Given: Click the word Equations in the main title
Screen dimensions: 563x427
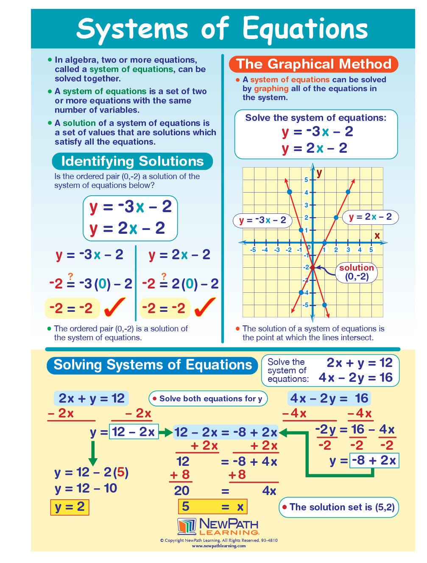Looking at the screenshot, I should tap(305, 29).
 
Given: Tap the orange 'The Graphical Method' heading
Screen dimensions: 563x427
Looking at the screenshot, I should tap(313, 64).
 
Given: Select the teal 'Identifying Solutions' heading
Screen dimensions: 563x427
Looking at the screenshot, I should tap(132, 161).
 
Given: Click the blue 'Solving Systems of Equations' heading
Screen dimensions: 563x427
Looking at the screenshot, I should tap(153, 365).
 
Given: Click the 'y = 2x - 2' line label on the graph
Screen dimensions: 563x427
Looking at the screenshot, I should tap(370, 217).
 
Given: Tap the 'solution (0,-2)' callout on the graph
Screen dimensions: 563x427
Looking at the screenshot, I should tap(356, 272).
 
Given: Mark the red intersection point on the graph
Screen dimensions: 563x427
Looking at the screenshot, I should tap(313, 268).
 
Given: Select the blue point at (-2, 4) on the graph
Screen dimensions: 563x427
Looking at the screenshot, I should tap(289, 192).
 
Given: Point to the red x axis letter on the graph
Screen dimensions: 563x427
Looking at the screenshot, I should tap(377, 235).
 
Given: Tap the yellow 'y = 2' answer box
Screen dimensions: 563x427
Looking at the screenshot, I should tap(70, 507).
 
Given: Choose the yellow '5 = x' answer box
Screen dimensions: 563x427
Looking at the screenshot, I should tap(212, 506).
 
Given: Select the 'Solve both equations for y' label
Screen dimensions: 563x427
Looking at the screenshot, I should tap(207, 398).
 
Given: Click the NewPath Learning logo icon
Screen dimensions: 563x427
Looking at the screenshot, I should tap(187, 526).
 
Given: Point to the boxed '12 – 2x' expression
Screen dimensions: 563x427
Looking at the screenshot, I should tap(133, 432).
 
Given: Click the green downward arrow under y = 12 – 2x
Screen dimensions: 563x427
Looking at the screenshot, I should tap(93, 453).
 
